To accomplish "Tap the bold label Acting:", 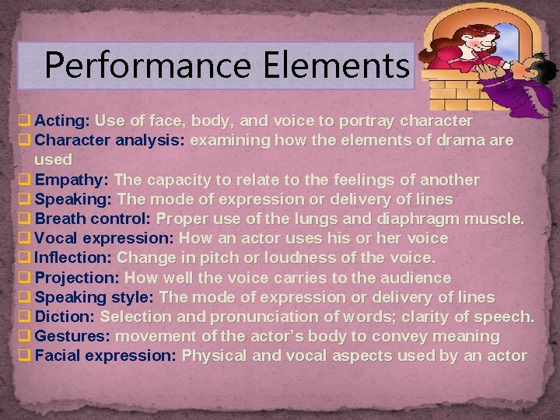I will [62, 121].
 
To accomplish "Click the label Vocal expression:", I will [104, 238].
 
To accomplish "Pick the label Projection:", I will [77, 277].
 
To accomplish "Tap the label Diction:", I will [65, 317].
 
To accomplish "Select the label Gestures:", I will [72, 336].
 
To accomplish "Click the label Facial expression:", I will [106, 355].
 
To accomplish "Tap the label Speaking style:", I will [94, 297].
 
